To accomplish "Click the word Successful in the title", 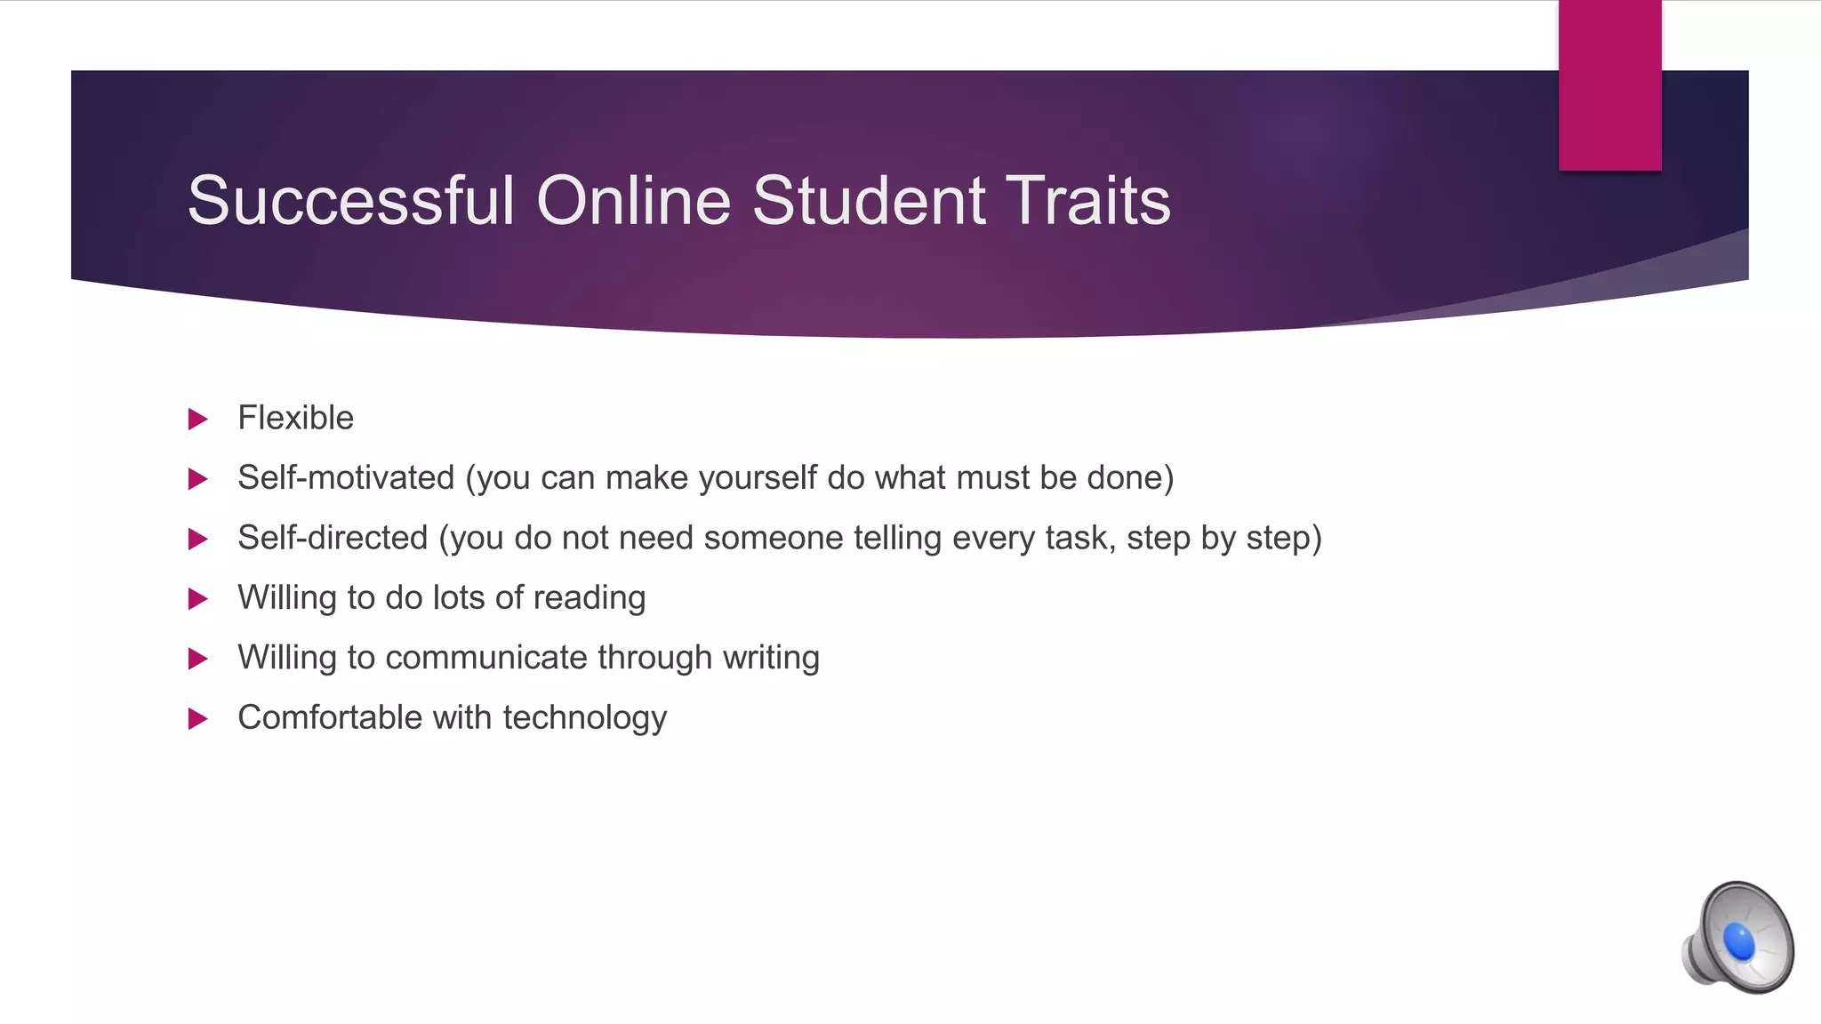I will (351, 201).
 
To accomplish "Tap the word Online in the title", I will (634, 201).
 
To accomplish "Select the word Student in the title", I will (869, 201).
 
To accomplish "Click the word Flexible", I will (295, 418).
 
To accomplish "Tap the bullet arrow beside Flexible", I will (198, 419).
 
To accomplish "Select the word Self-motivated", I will (346, 478).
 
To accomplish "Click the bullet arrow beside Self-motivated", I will (198, 479).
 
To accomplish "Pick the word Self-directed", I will (333, 538).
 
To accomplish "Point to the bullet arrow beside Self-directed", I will (198, 539).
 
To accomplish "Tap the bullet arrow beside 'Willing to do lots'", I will (198, 599).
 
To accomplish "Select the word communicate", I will (486, 658).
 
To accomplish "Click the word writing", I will (771, 659).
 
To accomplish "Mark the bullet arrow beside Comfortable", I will (198, 718).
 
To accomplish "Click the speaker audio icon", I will (1737, 937).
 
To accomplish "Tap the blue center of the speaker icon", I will (1739, 941).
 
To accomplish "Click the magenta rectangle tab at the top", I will (1609, 85).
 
